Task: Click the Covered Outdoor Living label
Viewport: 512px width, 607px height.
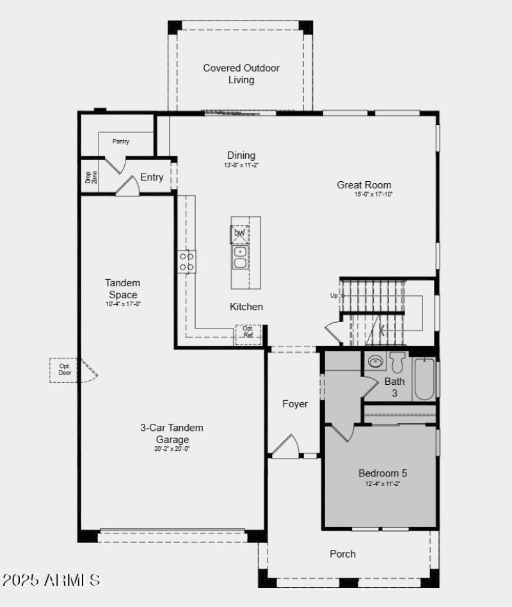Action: (241, 74)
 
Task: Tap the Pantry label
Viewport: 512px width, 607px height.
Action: (121, 142)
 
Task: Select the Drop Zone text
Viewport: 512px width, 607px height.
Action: (91, 177)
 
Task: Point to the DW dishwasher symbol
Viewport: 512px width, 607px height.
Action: (239, 234)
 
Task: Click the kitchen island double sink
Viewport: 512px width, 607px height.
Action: (241, 258)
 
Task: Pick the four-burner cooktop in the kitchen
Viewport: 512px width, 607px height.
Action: (186, 261)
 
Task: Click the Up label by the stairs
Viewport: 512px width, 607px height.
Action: (333, 296)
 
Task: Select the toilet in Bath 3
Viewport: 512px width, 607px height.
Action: (397, 362)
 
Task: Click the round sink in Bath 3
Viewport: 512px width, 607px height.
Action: (375, 362)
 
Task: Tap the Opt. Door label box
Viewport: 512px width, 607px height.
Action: (64, 370)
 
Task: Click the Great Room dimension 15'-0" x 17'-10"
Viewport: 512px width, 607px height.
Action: (374, 194)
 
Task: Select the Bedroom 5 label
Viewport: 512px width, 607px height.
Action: (383, 473)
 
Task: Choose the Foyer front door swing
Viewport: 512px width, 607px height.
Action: (285, 447)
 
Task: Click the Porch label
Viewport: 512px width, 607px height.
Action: (342, 554)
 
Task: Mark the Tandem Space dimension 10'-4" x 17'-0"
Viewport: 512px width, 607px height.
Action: (123, 304)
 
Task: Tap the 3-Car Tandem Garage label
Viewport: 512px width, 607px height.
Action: (172, 433)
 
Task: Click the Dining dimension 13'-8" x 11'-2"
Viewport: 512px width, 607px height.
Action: (241, 165)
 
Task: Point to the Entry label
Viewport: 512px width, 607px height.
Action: (152, 177)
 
